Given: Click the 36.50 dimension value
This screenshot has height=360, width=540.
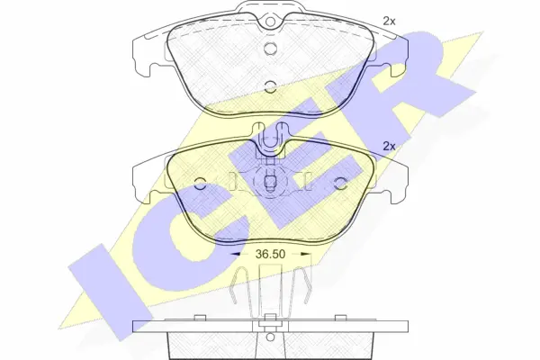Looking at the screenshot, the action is click(x=270, y=254).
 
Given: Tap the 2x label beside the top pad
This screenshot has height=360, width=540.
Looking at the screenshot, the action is click(x=389, y=22).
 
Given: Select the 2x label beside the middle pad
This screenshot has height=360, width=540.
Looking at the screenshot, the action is click(x=389, y=147).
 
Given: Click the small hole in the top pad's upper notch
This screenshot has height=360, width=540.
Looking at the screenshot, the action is click(x=270, y=22).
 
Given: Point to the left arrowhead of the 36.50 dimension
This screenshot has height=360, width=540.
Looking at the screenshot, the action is click(x=235, y=254).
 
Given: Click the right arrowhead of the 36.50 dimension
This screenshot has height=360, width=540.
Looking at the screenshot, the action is click(x=306, y=254).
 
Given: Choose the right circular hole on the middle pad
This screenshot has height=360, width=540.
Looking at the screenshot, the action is click(x=340, y=184).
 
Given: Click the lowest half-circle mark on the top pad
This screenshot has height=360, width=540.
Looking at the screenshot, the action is click(x=270, y=86).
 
